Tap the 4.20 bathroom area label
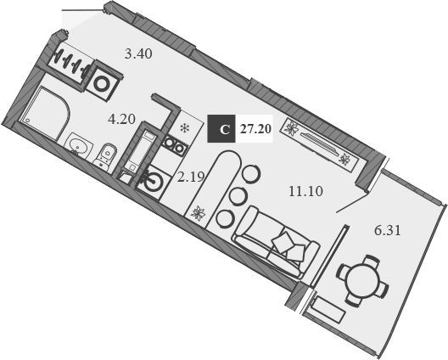click(x=122, y=119)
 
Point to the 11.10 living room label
click(x=305, y=191)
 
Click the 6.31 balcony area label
click(x=390, y=229)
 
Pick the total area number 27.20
click(x=255, y=129)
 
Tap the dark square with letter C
click(x=223, y=129)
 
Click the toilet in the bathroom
click(x=106, y=155)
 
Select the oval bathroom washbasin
click(x=79, y=145)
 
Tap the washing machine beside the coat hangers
click(x=106, y=82)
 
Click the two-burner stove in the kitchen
click(x=175, y=147)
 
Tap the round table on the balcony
click(x=361, y=278)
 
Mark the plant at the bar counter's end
click(x=198, y=213)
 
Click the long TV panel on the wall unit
click(x=319, y=143)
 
